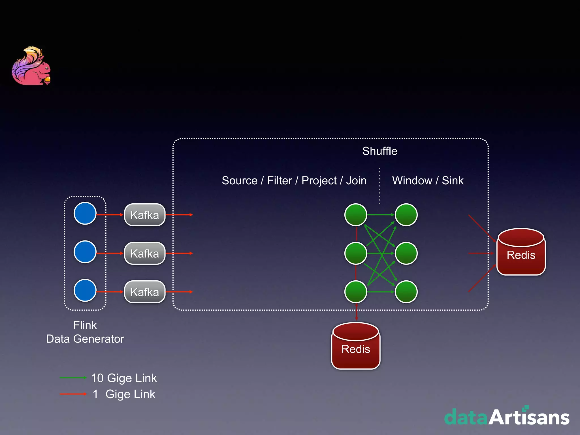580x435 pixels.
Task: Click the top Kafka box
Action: pyautogui.click(x=145, y=215)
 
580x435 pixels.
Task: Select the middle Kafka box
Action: pyautogui.click(x=145, y=253)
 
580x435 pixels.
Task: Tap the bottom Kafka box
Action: pyautogui.click(x=145, y=292)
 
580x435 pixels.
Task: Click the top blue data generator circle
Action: pyautogui.click(x=85, y=213)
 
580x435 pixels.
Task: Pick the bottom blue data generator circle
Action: pyautogui.click(x=85, y=290)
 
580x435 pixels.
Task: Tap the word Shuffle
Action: pyautogui.click(x=379, y=151)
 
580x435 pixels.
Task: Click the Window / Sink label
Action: pyautogui.click(x=428, y=181)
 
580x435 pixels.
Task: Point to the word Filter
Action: pyautogui.click(x=279, y=181)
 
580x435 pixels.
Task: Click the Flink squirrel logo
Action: pyautogui.click(x=31, y=66)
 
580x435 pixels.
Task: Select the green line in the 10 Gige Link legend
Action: pyautogui.click(x=73, y=378)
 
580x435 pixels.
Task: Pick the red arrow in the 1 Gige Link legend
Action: pyautogui.click(x=73, y=394)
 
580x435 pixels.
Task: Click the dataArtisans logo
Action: pyautogui.click(x=507, y=416)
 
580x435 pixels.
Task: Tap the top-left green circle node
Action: pyautogui.click(x=356, y=215)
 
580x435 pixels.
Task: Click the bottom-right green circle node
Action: pyautogui.click(x=406, y=292)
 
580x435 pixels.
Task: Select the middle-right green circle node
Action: pyautogui.click(x=406, y=253)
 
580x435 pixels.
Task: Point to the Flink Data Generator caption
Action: pyautogui.click(x=85, y=332)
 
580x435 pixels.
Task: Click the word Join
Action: pyautogui.click(x=356, y=181)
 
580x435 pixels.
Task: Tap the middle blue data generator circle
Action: pyautogui.click(x=85, y=252)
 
